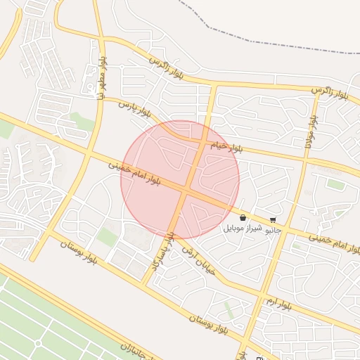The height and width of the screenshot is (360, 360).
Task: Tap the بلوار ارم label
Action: [278, 303]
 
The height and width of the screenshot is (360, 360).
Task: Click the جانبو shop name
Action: [273, 229]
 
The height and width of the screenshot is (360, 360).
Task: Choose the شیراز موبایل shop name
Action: [243, 229]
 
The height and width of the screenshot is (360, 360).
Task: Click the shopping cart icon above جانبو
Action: [273, 220]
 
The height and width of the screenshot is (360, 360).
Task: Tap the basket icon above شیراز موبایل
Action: [243, 219]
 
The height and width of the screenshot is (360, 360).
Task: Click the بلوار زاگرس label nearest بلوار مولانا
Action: [330, 91]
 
